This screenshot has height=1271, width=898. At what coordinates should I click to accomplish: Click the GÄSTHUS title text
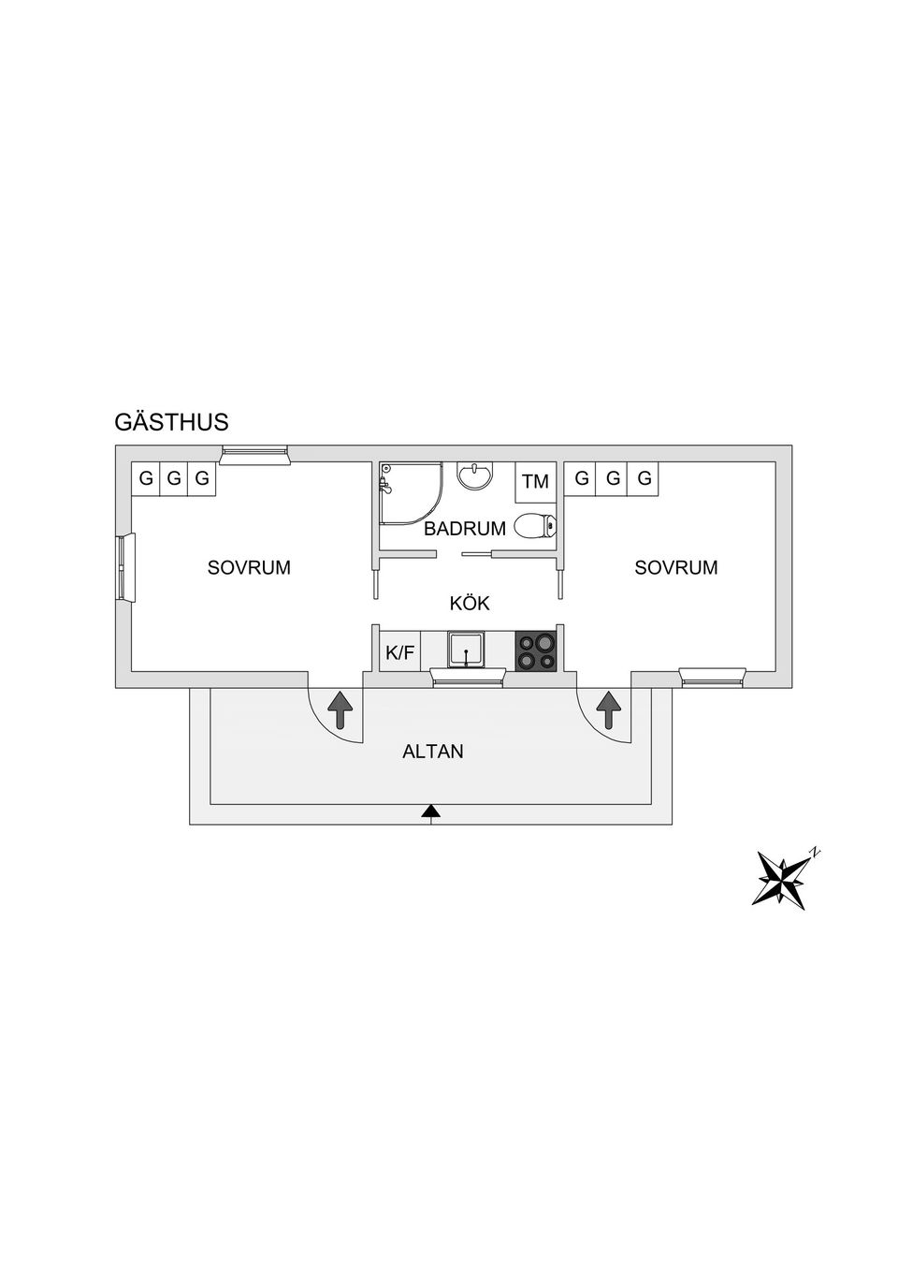click(171, 422)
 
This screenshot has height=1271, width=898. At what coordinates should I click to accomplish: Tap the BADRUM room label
click(465, 529)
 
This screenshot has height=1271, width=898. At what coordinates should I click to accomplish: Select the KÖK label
click(470, 603)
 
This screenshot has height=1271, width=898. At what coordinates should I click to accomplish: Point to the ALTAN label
click(433, 752)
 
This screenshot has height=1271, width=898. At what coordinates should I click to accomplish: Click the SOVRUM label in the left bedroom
click(249, 567)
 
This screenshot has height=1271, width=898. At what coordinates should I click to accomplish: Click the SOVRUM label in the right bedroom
click(675, 567)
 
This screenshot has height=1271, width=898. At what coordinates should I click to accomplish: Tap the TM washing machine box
click(535, 482)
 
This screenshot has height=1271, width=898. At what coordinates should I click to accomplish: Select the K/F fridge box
click(400, 652)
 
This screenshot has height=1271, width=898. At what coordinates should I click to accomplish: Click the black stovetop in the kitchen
click(535, 652)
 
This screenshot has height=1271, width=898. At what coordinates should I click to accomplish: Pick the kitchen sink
click(466, 651)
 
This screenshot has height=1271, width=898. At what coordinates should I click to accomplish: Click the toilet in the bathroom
click(536, 526)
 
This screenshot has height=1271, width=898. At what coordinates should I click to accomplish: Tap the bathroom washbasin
click(475, 475)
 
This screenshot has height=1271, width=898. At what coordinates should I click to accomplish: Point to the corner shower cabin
click(411, 492)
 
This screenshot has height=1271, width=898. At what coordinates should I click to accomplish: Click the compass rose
click(784, 881)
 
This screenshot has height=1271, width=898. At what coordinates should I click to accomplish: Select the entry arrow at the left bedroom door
click(340, 709)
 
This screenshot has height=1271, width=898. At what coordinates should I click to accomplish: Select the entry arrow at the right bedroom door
click(609, 709)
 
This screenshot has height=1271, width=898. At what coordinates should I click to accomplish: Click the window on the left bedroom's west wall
click(126, 567)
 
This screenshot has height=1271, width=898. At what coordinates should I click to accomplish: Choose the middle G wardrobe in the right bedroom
click(613, 479)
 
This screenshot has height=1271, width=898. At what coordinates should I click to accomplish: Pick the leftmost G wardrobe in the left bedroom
click(146, 479)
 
